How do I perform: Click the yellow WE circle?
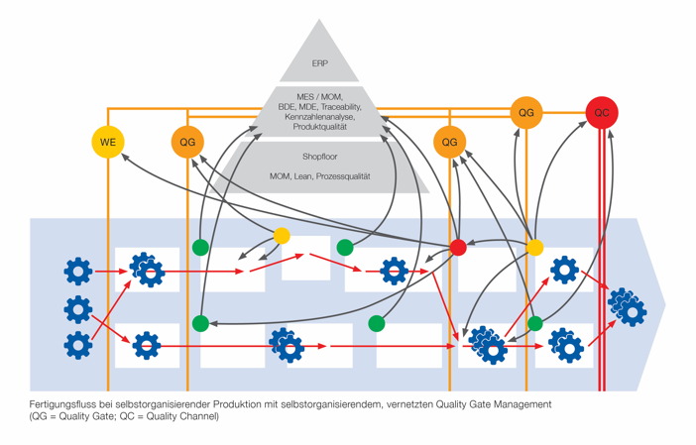pos(108,143)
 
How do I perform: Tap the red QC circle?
pos(602,113)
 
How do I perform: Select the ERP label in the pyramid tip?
pos(319,63)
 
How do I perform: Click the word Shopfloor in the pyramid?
pos(319,157)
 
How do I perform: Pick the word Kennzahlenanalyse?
pos(318,117)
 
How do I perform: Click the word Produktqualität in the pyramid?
pos(319,128)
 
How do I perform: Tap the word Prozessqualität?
pos(342,176)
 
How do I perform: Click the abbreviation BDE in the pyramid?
pos(287,107)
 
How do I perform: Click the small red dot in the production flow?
pos(458,247)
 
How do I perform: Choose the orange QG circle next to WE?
pos(186,143)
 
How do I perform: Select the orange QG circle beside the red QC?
pos(526,113)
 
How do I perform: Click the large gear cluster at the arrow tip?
pos(627,307)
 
